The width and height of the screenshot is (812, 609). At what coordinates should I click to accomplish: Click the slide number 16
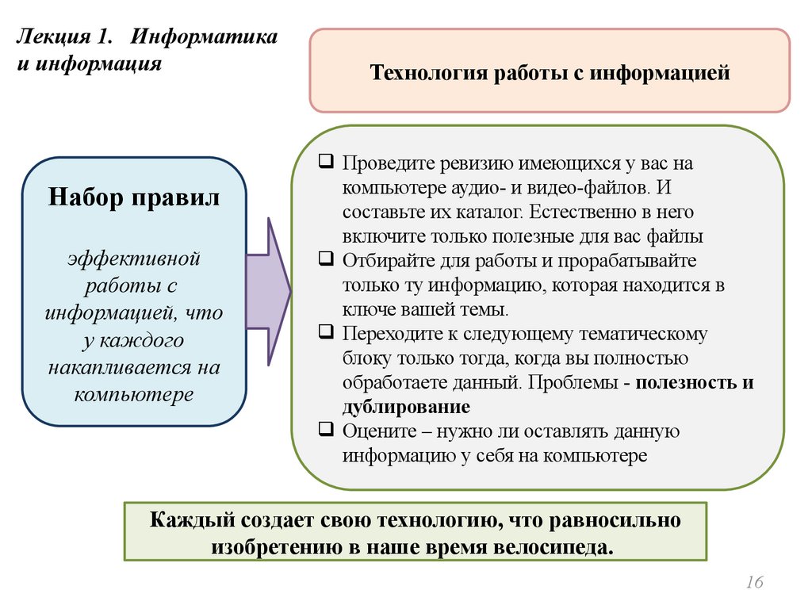pos(754,584)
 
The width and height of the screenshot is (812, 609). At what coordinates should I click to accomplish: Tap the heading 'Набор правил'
pos(134,197)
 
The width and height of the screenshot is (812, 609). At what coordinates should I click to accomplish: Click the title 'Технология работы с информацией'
pos(550,74)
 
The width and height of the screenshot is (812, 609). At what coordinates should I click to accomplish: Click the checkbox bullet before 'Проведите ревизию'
pos(327,163)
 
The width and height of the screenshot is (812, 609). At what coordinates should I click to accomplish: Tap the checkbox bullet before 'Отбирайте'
pos(327,259)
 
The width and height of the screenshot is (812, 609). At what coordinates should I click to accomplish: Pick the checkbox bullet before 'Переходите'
pos(327,333)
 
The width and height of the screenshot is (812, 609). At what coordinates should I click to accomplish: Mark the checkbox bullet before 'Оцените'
pos(327,431)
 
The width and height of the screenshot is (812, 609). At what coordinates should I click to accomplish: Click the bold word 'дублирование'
pos(407,407)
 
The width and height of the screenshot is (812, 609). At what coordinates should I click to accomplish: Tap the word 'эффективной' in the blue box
pos(133,259)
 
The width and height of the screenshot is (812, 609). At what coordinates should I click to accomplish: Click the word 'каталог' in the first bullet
pos(489,213)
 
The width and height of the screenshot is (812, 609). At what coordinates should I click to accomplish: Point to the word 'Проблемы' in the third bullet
pos(573,382)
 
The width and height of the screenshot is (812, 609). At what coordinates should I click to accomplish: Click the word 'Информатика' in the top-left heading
pos(204,37)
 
